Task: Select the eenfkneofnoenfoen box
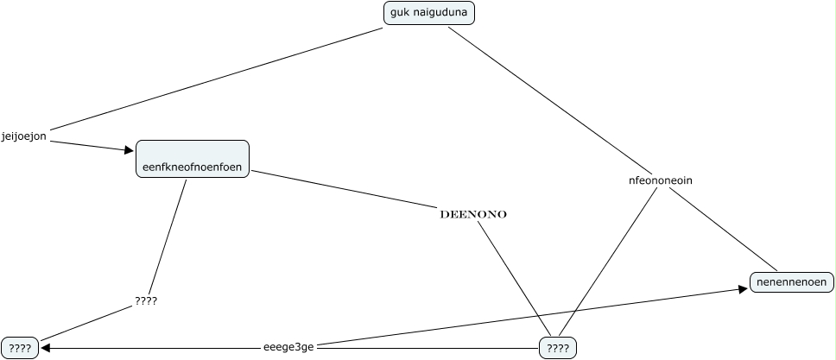point(192,159)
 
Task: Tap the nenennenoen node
point(792,282)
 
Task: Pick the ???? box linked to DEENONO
point(558,348)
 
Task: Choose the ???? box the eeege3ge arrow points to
point(20,348)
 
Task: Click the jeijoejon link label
point(24,136)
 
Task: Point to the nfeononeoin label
point(661,180)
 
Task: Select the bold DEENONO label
point(473,214)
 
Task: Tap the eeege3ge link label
point(288,348)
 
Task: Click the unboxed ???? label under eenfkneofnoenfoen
point(146,301)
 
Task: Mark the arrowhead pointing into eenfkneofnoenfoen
point(129,150)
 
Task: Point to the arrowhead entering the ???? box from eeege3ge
point(45,348)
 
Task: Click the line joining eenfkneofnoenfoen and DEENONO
point(345,189)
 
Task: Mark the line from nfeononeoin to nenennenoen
point(724,229)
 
